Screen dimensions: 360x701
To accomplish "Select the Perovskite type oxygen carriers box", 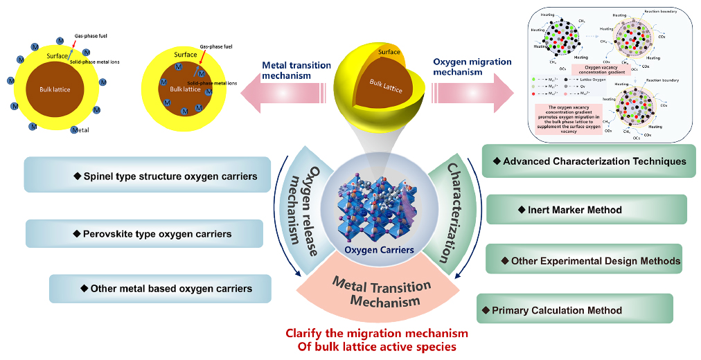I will [x=144, y=234].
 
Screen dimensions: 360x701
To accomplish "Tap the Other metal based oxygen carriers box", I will [x=159, y=288].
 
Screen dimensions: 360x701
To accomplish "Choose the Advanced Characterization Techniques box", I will [x=588, y=161].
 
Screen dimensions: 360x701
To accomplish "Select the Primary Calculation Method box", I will [x=574, y=310].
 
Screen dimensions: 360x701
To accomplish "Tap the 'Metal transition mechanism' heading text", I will [x=296, y=71].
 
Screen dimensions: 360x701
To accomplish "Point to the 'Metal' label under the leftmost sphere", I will [x=80, y=129].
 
